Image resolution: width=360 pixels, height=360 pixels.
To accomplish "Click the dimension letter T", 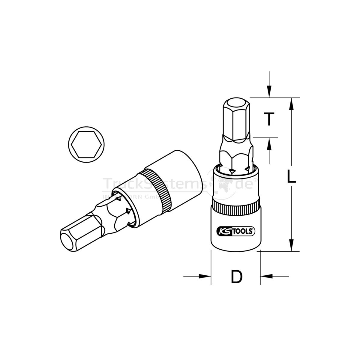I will pyautogui.click(x=269, y=119).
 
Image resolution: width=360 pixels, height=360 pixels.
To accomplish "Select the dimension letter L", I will pyautogui.click(x=290, y=176).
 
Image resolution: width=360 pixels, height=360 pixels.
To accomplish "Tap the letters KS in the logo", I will pyautogui.click(x=222, y=231).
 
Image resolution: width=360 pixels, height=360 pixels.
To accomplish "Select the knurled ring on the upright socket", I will pyautogui.click(x=236, y=207).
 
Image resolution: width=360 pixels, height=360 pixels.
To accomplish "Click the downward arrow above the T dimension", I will pyautogui.click(x=269, y=90).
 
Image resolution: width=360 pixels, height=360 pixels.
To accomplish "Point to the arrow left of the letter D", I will pyautogui.click(x=204, y=276).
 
